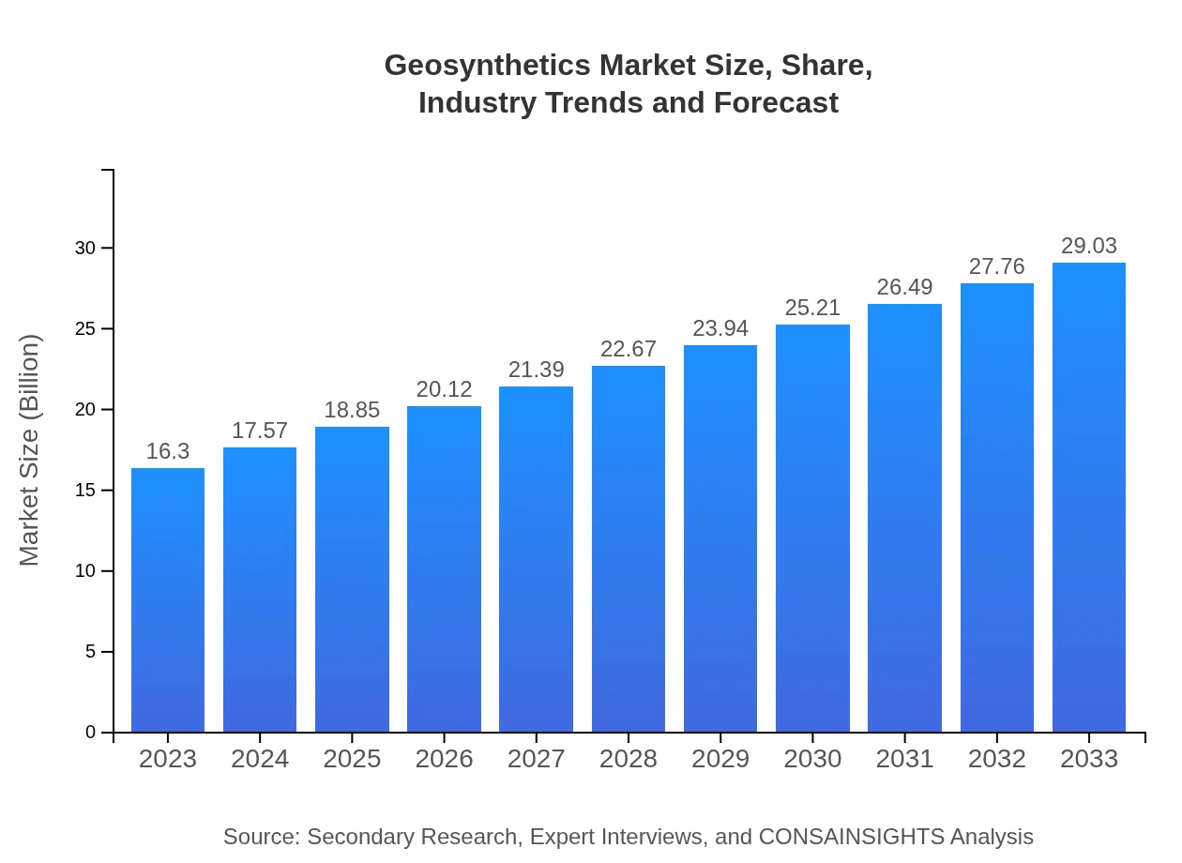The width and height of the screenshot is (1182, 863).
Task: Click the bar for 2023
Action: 168,600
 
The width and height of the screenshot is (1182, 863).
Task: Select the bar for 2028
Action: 629,549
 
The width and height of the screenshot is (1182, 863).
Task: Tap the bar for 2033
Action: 1089,497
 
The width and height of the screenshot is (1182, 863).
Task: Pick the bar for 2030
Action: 812,528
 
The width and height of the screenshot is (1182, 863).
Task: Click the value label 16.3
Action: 168,451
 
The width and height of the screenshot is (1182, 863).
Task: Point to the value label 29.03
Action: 1089,246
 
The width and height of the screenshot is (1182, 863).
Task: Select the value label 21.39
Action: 537,370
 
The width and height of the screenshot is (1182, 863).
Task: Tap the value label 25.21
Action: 812,308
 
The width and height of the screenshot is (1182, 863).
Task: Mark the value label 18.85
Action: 352,410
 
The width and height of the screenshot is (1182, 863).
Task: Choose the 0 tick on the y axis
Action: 91,733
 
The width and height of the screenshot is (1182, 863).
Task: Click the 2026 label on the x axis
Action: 444,759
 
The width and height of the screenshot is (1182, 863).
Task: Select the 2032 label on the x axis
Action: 997,759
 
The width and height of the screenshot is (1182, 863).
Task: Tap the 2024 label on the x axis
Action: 260,759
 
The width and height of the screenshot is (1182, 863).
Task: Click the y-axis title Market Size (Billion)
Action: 30,450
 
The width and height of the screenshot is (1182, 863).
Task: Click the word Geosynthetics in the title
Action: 488,66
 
